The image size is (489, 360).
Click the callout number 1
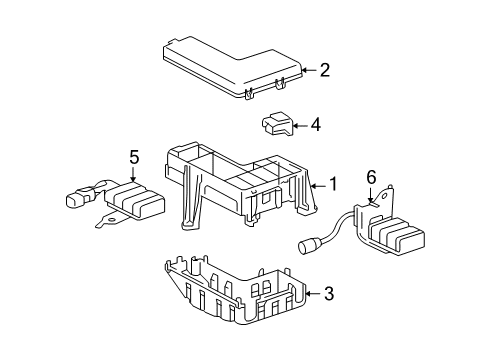pyautogui.click(x=332, y=184)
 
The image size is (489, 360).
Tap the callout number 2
pyautogui.click(x=324, y=70)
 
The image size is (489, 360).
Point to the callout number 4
pyautogui.click(x=315, y=125)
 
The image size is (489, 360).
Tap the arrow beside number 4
pyautogui.click(x=298, y=125)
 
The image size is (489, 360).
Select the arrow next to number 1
pyautogui.click(x=317, y=184)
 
